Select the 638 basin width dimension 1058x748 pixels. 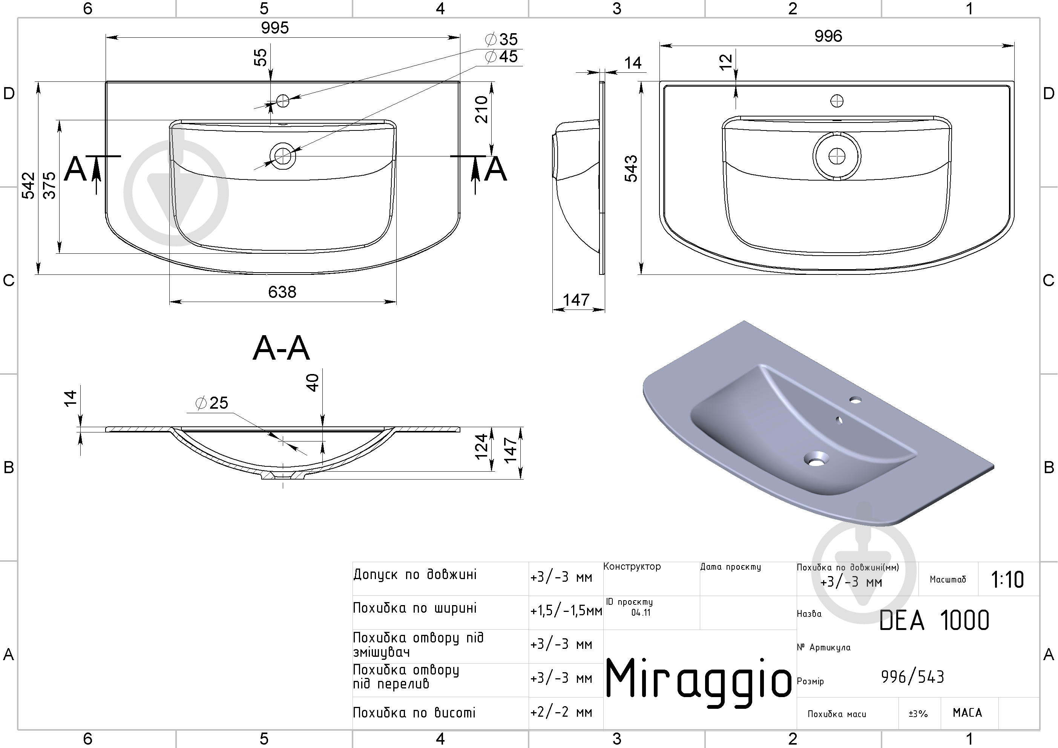click(x=282, y=292)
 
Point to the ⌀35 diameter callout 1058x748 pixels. click(x=501, y=39)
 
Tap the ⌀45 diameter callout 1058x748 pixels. click(x=501, y=57)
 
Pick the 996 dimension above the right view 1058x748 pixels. click(x=828, y=36)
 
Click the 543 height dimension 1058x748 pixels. click(x=631, y=169)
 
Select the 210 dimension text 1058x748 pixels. click(x=481, y=110)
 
